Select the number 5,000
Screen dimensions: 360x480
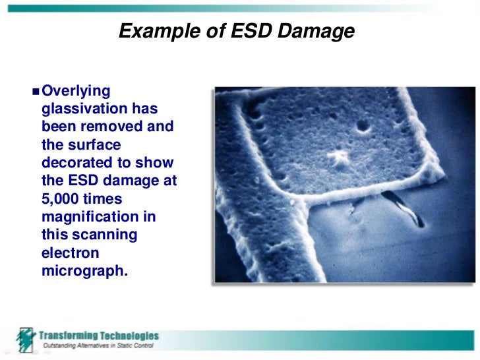pyautogui.click(x=63, y=198)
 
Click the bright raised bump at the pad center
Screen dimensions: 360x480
pyautogui.click(x=341, y=158)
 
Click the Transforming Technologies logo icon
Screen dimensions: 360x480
pyautogui.click(x=26, y=340)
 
